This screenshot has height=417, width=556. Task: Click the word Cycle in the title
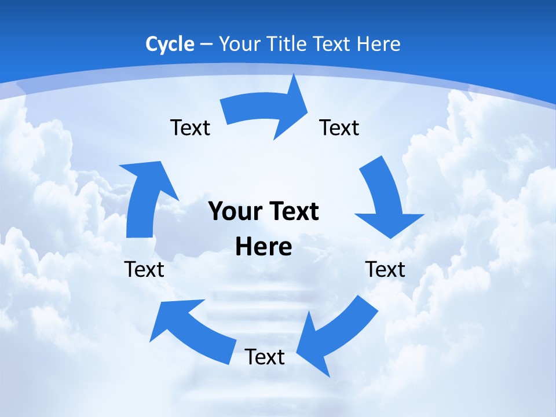click(x=170, y=44)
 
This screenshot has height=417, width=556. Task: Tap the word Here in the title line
click(x=378, y=44)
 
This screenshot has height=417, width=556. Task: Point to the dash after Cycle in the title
click(x=206, y=44)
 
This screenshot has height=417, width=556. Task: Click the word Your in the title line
click(x=239, y=44)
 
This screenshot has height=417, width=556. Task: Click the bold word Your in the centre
click(x=233, y=211)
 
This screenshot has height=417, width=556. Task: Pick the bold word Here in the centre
click(x=264, y=247)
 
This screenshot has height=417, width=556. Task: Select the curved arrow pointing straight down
click(x=383, y=197)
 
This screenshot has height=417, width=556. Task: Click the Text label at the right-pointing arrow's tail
click(x=191, y=127)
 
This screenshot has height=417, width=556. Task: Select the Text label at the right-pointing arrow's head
click(x=339, y=127)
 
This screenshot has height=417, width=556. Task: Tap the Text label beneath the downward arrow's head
click(x=385, y=269)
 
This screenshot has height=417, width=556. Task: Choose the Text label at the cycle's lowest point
click(x=265, y=357)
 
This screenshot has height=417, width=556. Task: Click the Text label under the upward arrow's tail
click(x=144, y=269)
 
